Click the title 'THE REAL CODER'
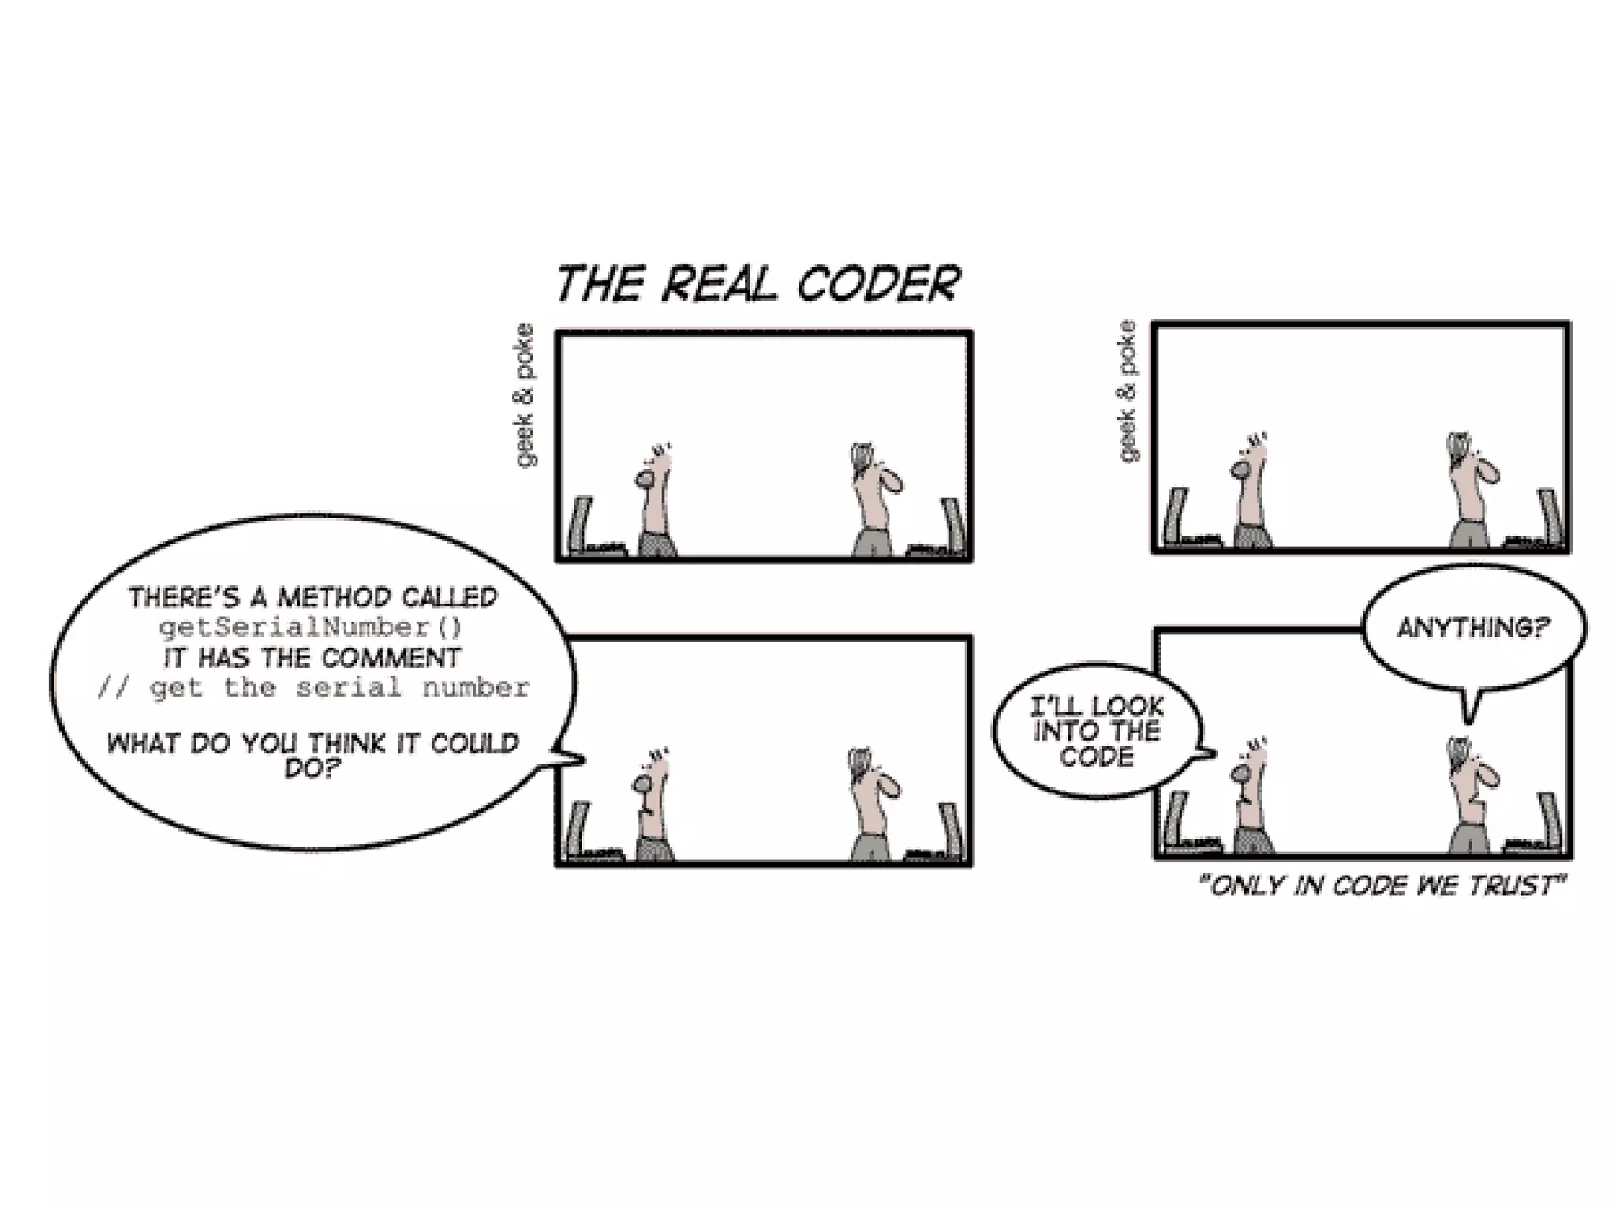point(757,284)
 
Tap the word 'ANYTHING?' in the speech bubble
point(1473,628)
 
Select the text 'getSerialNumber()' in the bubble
point(311,628)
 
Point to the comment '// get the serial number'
point(312,688)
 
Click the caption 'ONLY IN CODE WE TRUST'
point(1382,886)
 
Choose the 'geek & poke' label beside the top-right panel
point(1128,391)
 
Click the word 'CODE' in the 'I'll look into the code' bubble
point(1097,757)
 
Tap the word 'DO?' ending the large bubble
point(312,768)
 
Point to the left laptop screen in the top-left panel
point(582,524)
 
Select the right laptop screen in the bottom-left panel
point(951,828)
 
